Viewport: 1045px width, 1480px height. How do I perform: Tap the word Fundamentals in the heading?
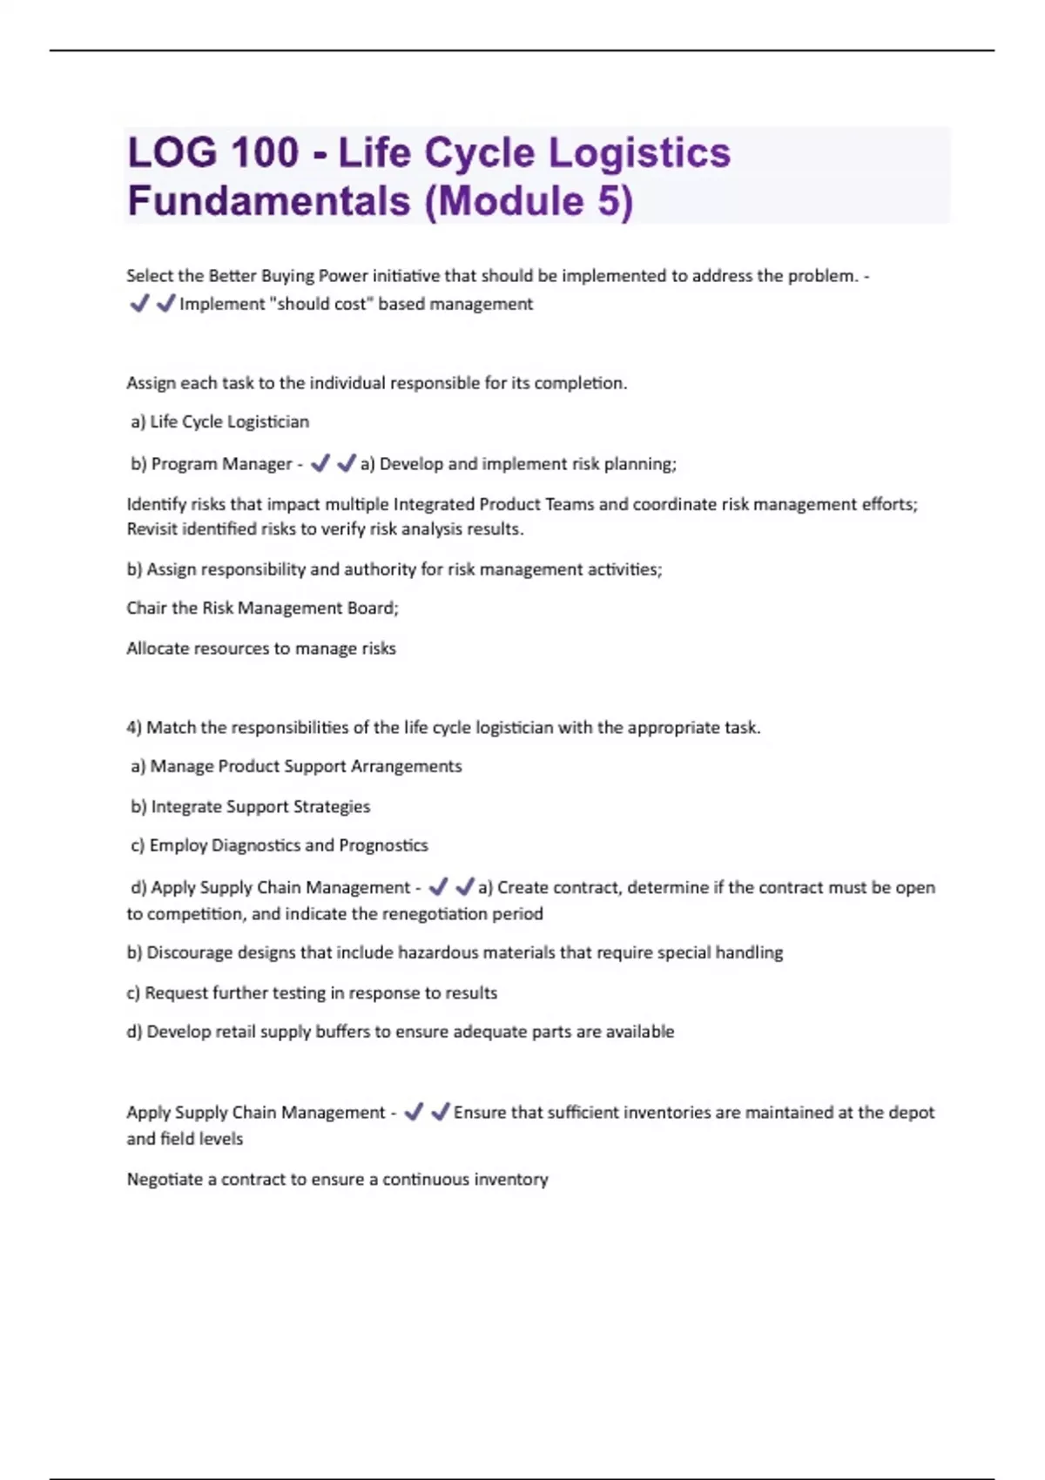tap(268, 201)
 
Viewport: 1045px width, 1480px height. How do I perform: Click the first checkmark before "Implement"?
tap(138, 304)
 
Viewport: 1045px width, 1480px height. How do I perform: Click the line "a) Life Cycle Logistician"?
tap(220, 422)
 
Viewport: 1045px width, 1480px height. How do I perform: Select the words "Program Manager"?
tap(222, 464)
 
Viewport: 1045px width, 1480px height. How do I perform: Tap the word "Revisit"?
tap(152, 529)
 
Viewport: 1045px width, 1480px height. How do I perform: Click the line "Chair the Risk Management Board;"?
tap(262, 609)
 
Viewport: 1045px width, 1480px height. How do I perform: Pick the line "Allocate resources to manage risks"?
tap(261, 649)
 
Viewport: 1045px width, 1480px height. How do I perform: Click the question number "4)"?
tap(134, 728)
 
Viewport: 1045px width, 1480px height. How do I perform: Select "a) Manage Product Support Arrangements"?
tap(297, 767)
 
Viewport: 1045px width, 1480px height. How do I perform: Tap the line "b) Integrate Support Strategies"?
tap(251, 807)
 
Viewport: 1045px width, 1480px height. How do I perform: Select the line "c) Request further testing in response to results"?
tap(312, 993)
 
